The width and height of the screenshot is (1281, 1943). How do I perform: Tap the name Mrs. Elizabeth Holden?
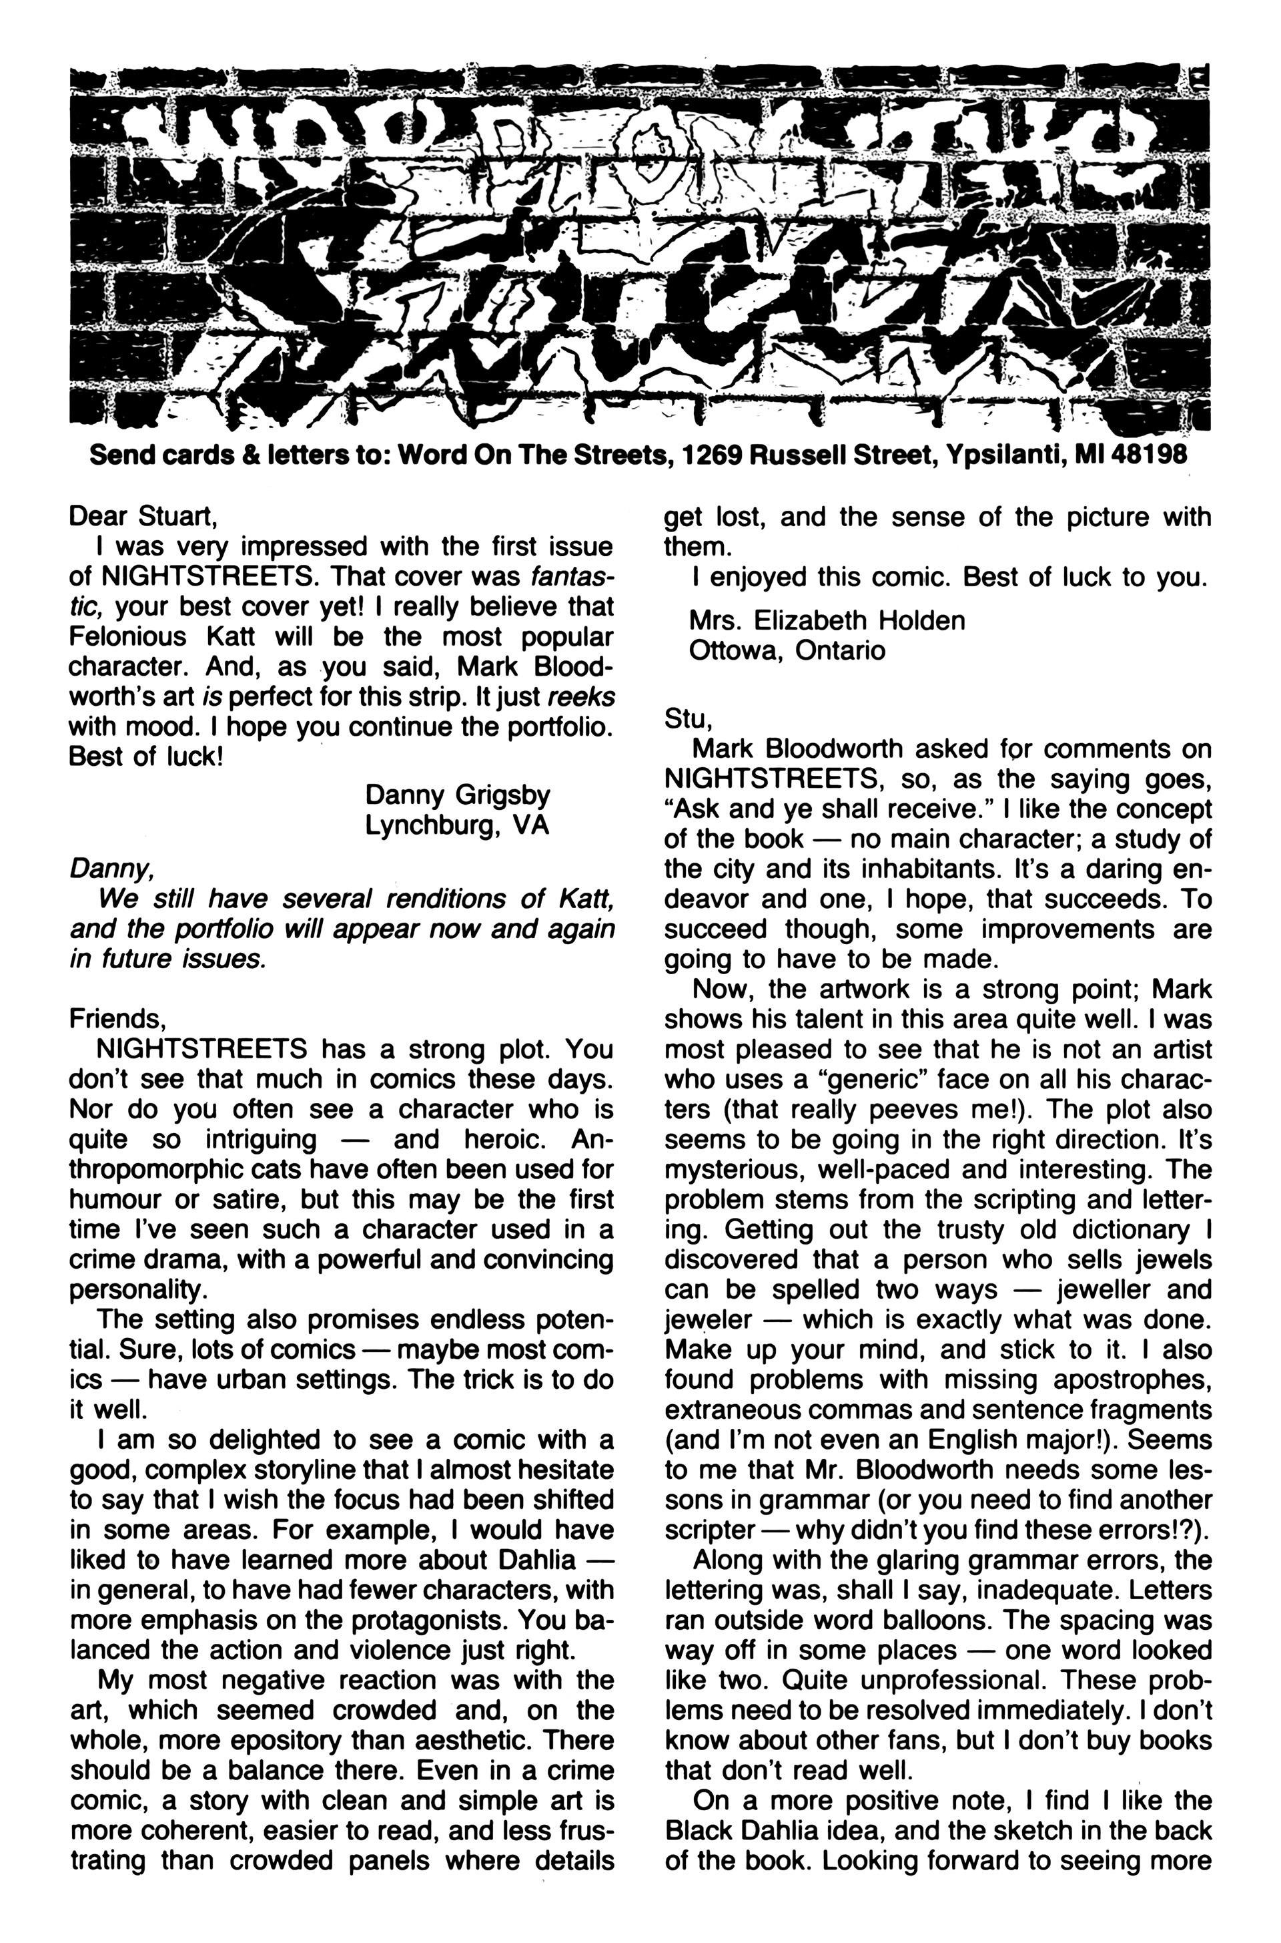[x=827, y=620]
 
